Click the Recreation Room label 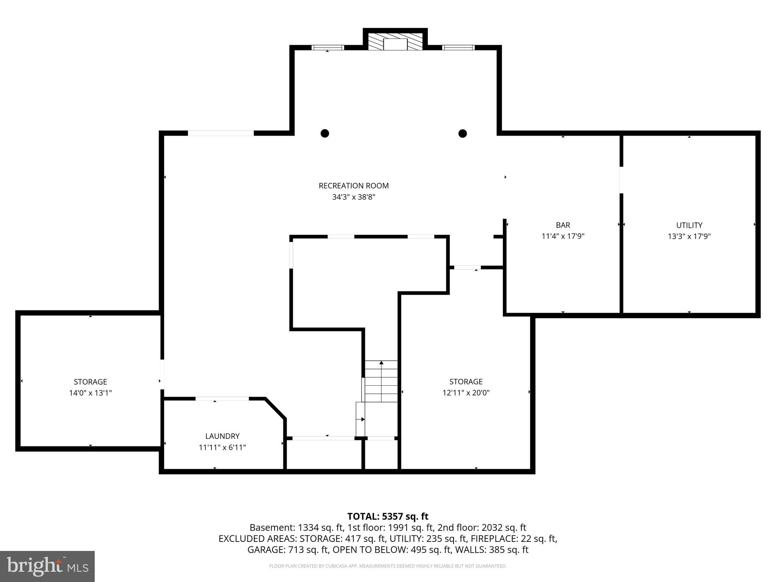354,186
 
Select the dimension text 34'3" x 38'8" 354,197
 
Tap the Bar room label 563,225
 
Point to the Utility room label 689,225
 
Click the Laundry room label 222,436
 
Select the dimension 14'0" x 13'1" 90,393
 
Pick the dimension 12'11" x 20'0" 466,393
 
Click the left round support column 325,133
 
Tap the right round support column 462,133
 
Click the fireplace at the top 395,42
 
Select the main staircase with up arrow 381,381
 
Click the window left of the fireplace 328,48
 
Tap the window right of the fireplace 458,48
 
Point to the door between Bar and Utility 621,180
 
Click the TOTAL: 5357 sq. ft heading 388,516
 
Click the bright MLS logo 47,566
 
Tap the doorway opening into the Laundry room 222,399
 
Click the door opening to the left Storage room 162,374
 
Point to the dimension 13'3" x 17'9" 689,236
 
